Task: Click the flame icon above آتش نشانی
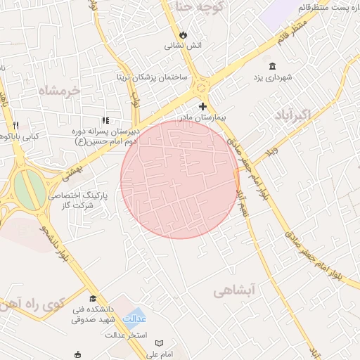(184, 33)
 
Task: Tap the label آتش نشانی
(184, 46)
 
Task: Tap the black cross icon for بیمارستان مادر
(203, 106)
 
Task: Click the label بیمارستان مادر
(205, 117)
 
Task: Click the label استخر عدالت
(125, 334)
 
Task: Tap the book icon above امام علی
(159, 342)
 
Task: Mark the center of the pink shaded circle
(180, 180)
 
